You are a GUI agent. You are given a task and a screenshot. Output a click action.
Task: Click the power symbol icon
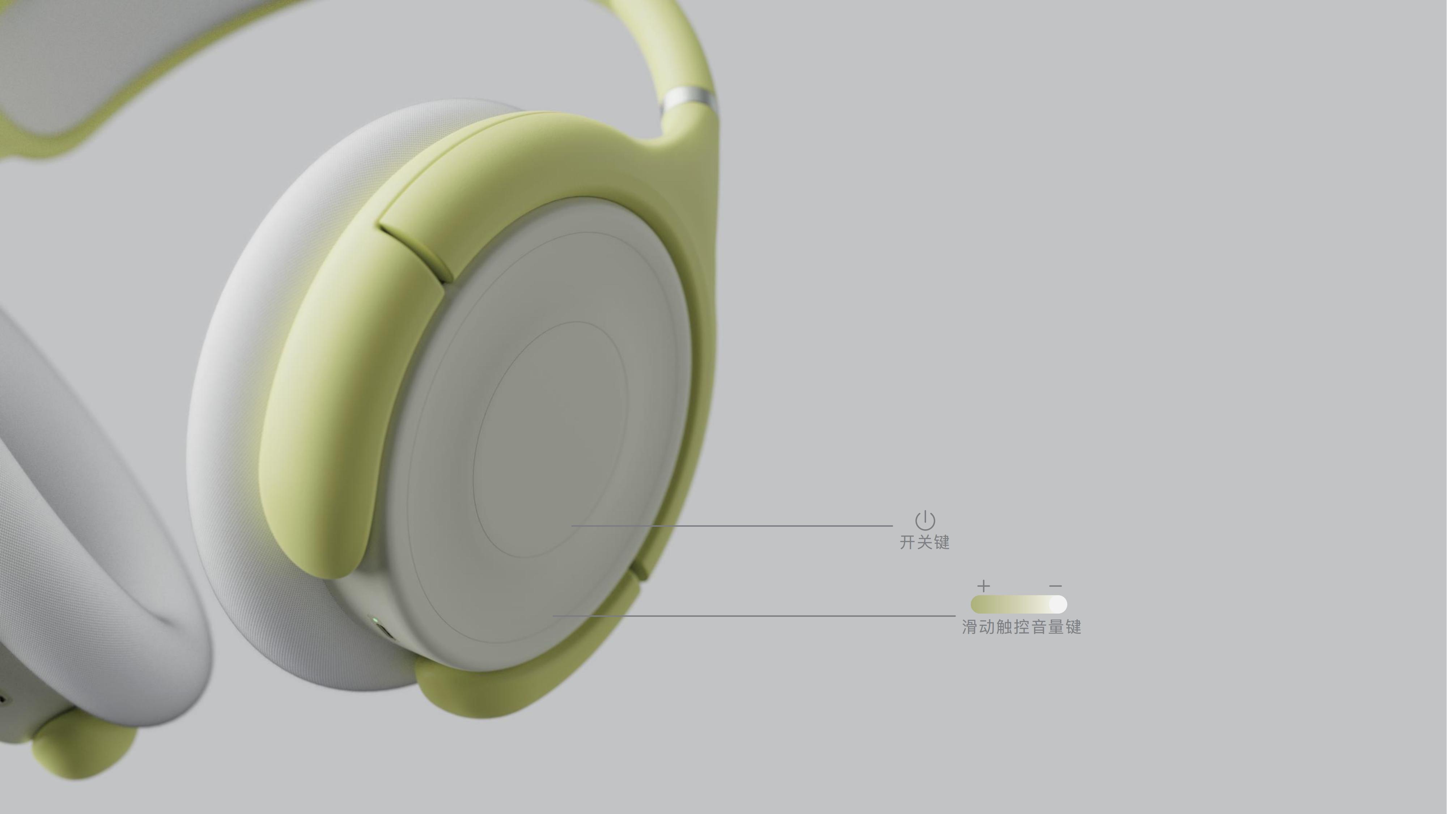tap(925, 520)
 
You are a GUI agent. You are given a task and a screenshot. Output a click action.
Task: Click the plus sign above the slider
tap(983, 586)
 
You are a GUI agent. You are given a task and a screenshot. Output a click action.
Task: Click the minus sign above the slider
tap(1056, 586)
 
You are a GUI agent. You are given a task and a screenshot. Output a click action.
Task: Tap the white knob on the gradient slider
tap(1057, 605)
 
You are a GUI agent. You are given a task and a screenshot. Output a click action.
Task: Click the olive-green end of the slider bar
tap(980, 605)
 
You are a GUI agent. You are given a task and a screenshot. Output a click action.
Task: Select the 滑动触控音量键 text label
tap(1021, 627)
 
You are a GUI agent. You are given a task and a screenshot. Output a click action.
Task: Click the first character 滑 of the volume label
tap(970, 627)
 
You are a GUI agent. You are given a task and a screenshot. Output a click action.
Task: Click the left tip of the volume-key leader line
tap(555, 616)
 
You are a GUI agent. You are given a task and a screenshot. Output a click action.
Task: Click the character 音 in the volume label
tap(1039, 627)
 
